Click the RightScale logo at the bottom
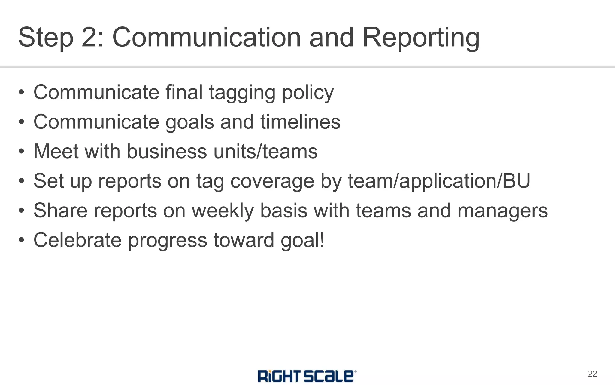point(307,376)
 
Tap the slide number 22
point(592,374)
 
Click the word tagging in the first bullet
point(242,93)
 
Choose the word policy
point(308,93)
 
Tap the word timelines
point(300,122)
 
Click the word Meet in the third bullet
point(56,151)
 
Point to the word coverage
point(272,181)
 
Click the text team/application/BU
point(439,181)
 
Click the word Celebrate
point(77,240)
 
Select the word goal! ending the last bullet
point(303,240)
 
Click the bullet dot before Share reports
point(21,211)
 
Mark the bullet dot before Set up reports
point(21,181)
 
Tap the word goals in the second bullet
point(189,122)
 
